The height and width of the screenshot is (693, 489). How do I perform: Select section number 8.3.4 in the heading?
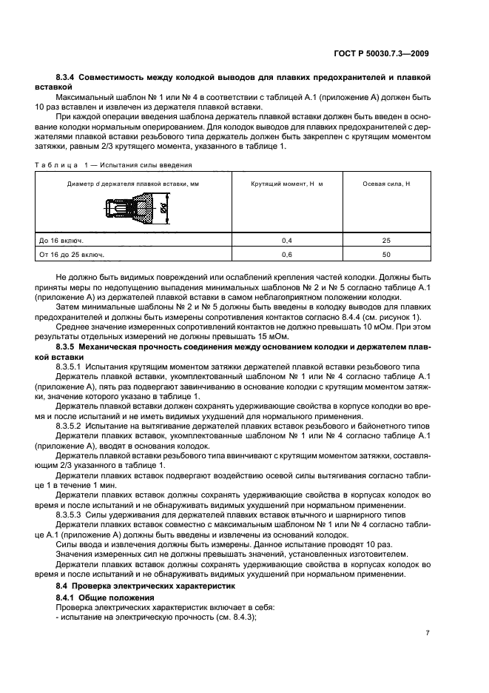click(x=67, y=78)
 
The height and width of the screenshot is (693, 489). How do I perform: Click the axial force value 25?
click(x=386, y=241)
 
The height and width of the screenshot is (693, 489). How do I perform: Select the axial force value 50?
click(x=386, y=255)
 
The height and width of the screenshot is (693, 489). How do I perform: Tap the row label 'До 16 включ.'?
click(x=61, y=241)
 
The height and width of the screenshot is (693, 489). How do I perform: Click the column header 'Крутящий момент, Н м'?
click(x=286, y=183)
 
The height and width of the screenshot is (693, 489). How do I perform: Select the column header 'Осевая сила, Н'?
click(x=386, y=183)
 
